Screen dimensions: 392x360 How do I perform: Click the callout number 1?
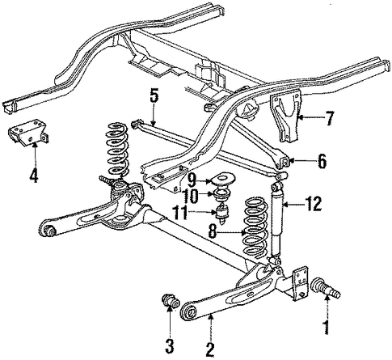(x=327, y=327)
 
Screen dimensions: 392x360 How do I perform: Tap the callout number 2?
(x=209, y=349)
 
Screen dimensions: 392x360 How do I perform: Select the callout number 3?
(x=170, y=346)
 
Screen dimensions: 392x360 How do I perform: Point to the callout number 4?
(x=34, y=176)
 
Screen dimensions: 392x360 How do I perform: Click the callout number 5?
(x=153, y=97)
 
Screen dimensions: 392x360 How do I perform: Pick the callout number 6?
(x=322, y=161)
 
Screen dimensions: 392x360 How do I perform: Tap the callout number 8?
(x=213, y=231)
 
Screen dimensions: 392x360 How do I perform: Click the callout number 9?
(x=191, y=180)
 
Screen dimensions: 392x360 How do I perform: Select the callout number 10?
(x=191, y=196)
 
